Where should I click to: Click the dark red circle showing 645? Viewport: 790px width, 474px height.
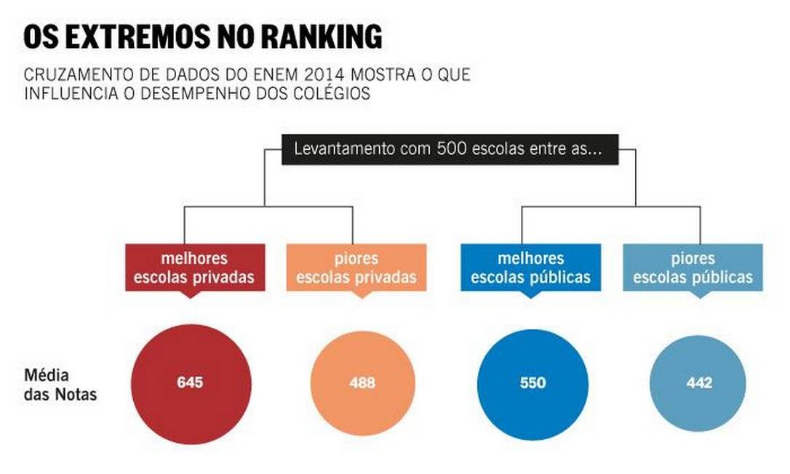coord(191,383)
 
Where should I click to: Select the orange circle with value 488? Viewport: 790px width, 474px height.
coord(362,383)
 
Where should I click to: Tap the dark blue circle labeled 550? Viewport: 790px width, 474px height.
coord(532,383)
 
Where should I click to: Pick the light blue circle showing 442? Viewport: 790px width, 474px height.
coord(698,383)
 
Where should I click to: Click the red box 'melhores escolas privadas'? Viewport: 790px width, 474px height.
coord(193,268)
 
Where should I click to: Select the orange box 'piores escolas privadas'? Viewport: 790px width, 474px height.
coord(356,268)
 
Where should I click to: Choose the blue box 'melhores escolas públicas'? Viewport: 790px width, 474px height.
coord(530,268)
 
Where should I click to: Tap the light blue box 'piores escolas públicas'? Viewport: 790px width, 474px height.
coord(693,268)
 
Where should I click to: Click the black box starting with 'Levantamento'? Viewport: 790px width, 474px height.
coord(451,150)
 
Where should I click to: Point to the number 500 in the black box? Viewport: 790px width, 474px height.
coord(450,150)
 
